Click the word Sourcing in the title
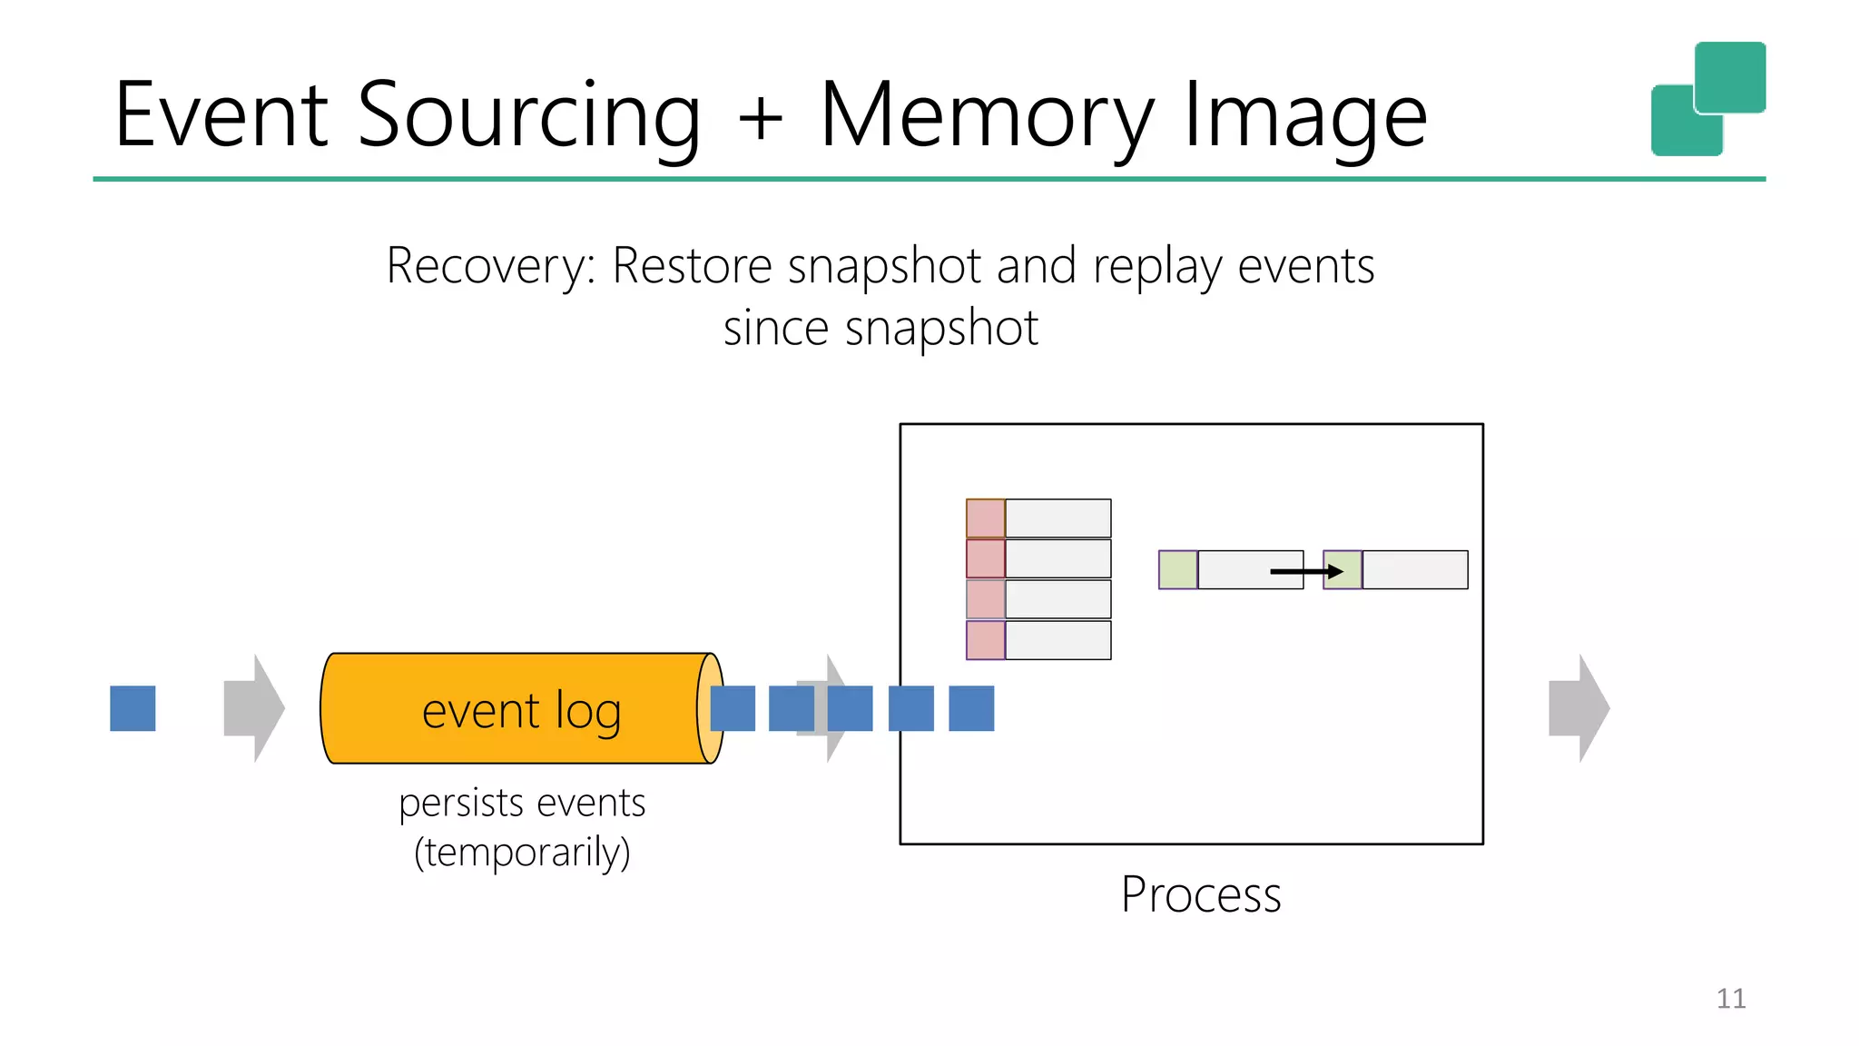click(x=529, y=116)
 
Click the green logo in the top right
click(x=1707, y=99)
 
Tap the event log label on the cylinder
click(x=521, y=710)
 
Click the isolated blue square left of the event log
click(x=133, y=708)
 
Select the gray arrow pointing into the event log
click(x=253, y=708)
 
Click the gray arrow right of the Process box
click(x=1579, y=708)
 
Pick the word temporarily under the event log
click(x=522, y=852)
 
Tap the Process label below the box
click(x=1200, y=894)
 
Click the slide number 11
click(x=1730, y=999)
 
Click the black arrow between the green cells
click(x=1305, y=571)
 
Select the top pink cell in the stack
click(x=985, y=518)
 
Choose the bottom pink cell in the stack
click(x=985, y=640)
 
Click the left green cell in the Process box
click(x=1177, y=570)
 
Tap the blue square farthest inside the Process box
click(x=971, y=708)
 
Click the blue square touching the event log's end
click(x=733, y=708)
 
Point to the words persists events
click(x=522, y=803)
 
